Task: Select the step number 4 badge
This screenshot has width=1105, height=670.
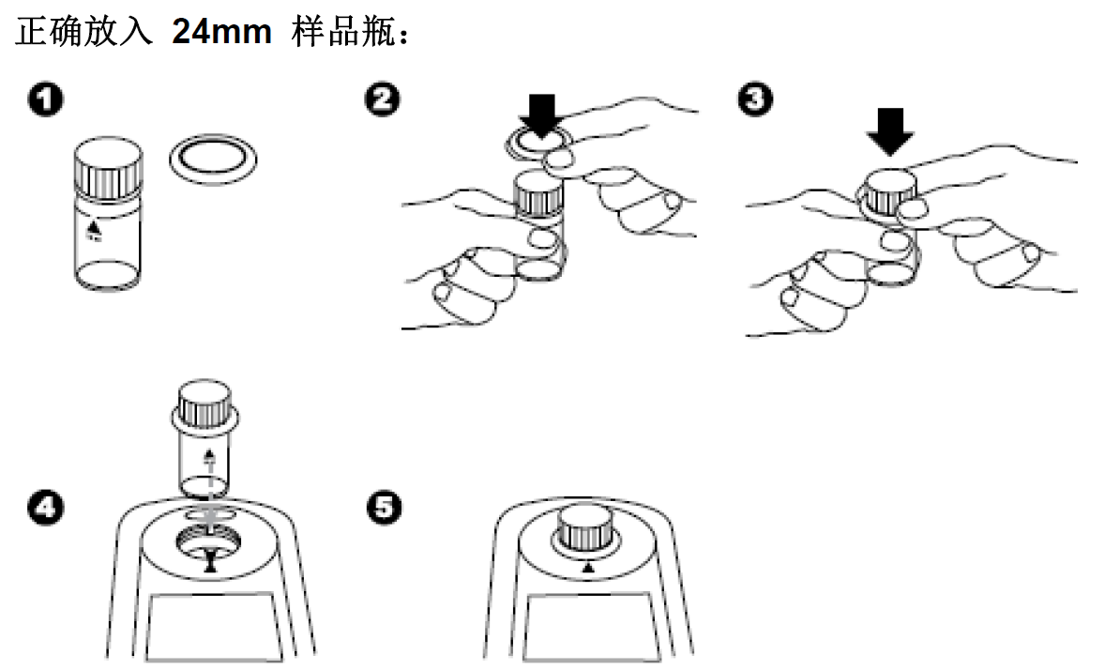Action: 44,510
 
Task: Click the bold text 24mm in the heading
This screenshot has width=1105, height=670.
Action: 221,34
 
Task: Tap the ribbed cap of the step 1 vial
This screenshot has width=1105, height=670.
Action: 107,170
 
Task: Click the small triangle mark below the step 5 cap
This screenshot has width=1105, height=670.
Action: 587,568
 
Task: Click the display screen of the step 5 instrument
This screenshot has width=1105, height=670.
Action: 586,629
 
